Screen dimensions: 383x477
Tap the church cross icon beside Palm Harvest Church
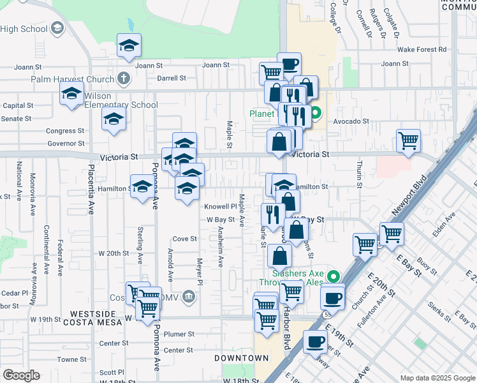123,79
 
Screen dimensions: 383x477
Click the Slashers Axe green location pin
332,277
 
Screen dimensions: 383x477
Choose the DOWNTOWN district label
241,358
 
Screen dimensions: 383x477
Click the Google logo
21,375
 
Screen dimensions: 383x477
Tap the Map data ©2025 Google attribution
437,378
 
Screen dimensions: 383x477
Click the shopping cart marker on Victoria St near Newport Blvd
408,141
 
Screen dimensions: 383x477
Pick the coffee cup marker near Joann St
289,64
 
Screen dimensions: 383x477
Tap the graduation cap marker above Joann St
129,45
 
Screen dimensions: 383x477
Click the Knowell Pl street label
221,207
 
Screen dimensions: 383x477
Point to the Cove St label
185,239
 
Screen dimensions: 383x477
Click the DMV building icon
189,296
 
